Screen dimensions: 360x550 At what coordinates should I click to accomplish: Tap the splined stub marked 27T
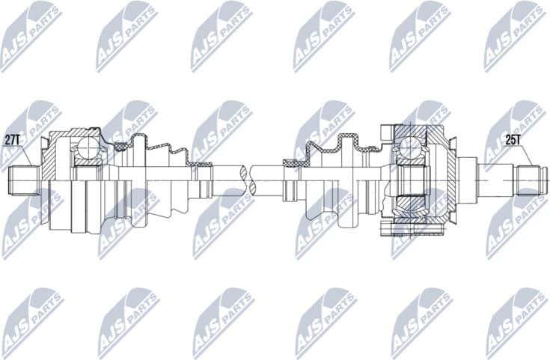coord(23,180)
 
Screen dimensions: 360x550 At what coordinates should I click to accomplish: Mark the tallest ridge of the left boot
coord(140,142)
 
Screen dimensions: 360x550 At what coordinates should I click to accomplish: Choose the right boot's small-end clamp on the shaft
coord(290,165)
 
